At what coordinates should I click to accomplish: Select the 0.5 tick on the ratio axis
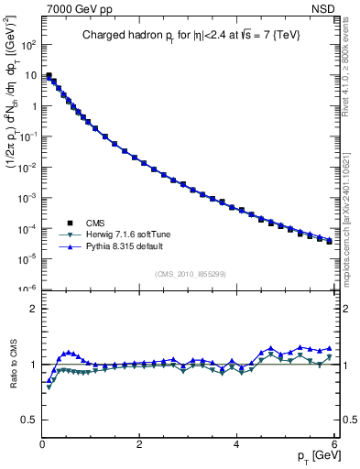(29, 420)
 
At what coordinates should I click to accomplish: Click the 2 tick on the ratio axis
(33, 309)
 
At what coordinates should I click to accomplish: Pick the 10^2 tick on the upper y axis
(28, 45)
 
